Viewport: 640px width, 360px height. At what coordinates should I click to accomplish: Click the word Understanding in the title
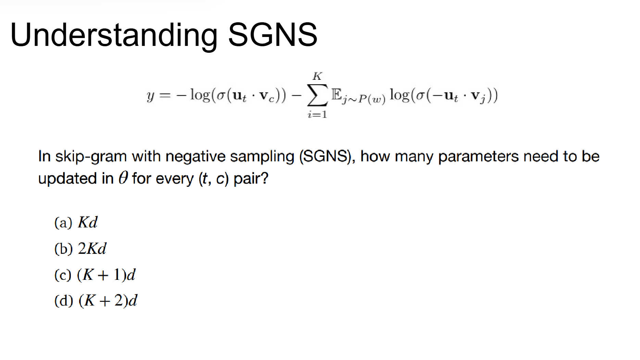click(114, 35)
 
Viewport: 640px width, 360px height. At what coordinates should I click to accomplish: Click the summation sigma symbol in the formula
click(317, 95)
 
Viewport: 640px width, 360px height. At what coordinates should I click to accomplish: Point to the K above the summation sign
click(317, 76)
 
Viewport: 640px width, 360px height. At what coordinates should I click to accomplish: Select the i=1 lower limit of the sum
click(317, 114)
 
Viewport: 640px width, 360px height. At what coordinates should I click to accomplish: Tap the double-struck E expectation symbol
click(337, 94)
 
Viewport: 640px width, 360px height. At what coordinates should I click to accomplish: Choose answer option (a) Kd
click(76, 222)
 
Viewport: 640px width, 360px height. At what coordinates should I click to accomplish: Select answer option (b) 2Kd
click(80, 248)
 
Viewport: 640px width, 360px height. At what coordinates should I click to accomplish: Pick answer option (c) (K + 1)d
click(95, 274)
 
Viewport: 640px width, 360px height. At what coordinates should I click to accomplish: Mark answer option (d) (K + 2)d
click(96, 300)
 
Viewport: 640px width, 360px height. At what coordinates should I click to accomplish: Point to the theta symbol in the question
click(123, 178)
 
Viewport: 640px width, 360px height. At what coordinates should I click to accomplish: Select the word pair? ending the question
click(251, 179)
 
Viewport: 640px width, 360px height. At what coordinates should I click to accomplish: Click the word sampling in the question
click(262, 157)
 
